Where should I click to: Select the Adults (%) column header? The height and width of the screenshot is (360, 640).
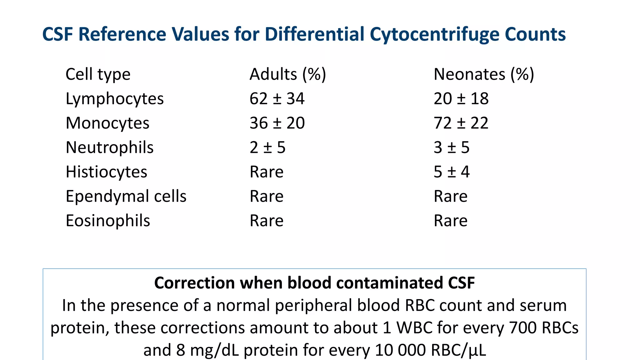pyautogui.click(x=287, y=74)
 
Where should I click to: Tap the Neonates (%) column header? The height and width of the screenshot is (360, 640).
pyautogui.click(x=484, y=74)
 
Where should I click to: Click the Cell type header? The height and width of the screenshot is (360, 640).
pyautogui.click(x=98, y=74)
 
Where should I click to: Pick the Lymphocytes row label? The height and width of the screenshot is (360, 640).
pyautogui.click(x=114, y=99)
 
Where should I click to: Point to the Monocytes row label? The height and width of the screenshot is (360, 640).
pyautogui.click(x=107, y=123)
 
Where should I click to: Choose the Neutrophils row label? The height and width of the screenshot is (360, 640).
pyautogui.click(x=109, y=147)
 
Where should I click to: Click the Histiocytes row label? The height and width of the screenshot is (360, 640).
pyautogui.click(x=106, y=172)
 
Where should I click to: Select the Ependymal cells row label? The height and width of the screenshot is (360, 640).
pyautogui.click(x=126, y=196)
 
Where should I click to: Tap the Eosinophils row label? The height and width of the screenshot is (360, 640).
pyautogui.click(x=108, y=221)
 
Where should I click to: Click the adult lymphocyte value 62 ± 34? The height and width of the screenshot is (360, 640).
pyautogui.click(x=277, y=99)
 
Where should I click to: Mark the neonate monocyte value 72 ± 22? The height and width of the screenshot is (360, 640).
pyautogui.click(x=461, y=123)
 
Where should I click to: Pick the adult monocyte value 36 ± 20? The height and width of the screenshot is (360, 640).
pyautogui.click(x=277, y=123)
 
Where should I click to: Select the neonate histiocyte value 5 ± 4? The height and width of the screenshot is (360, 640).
pyautogui.click(x=451, y=172)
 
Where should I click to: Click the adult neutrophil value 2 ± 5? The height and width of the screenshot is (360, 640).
pyautogui.click(x=267, y=147)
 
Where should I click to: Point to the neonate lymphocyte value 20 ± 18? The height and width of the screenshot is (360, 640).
pyautogui.click(x=461, y=99)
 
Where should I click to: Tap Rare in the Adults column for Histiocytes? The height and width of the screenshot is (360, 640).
pyautogui.click(x=267, y=172)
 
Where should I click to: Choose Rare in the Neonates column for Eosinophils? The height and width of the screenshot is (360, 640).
pyautogui.click(x=450, y=221)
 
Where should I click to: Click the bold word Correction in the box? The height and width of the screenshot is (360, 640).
pyautogui.click(x=194, y=283)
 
